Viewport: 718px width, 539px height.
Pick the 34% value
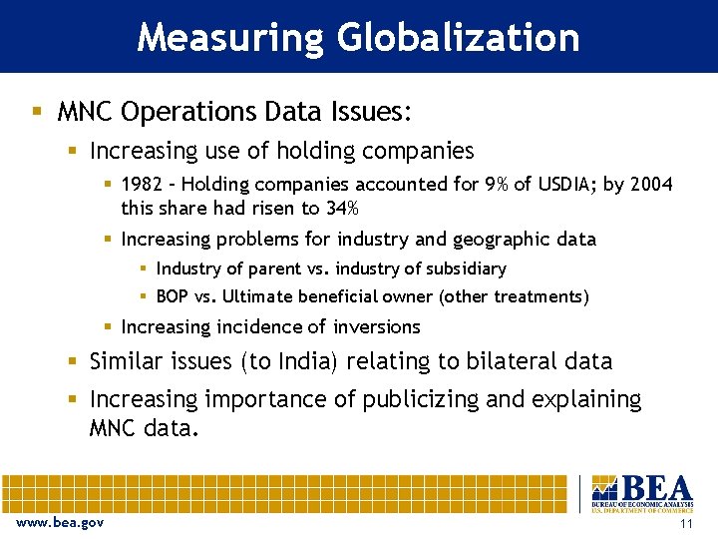pyautogui.click(x=342, y=209)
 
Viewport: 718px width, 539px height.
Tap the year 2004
pyautogui.click(x=650, y=185)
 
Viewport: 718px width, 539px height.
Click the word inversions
pyautogui.click(x=377, y=327)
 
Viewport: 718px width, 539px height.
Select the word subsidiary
pyautogui.click(x=468, y=269)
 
